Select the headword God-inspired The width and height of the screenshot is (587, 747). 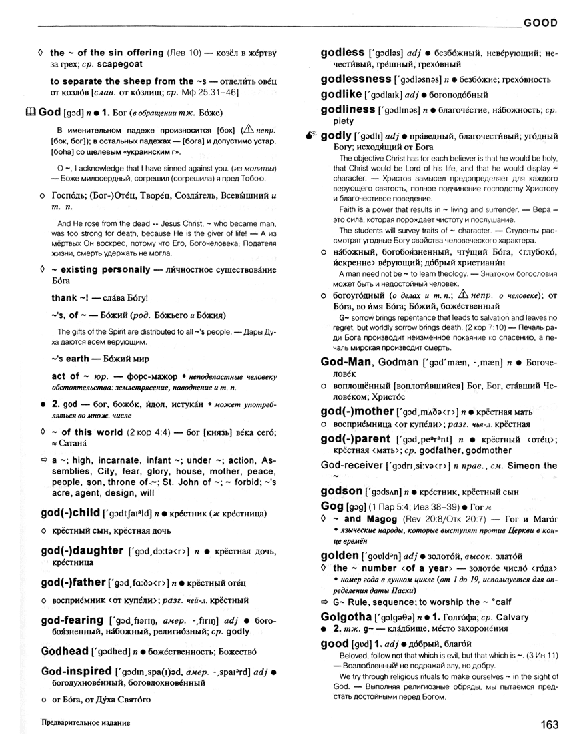tap(75, 670)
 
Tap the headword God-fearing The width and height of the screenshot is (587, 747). tap(72, 620)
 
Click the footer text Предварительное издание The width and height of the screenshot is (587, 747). tap(85, 723)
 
